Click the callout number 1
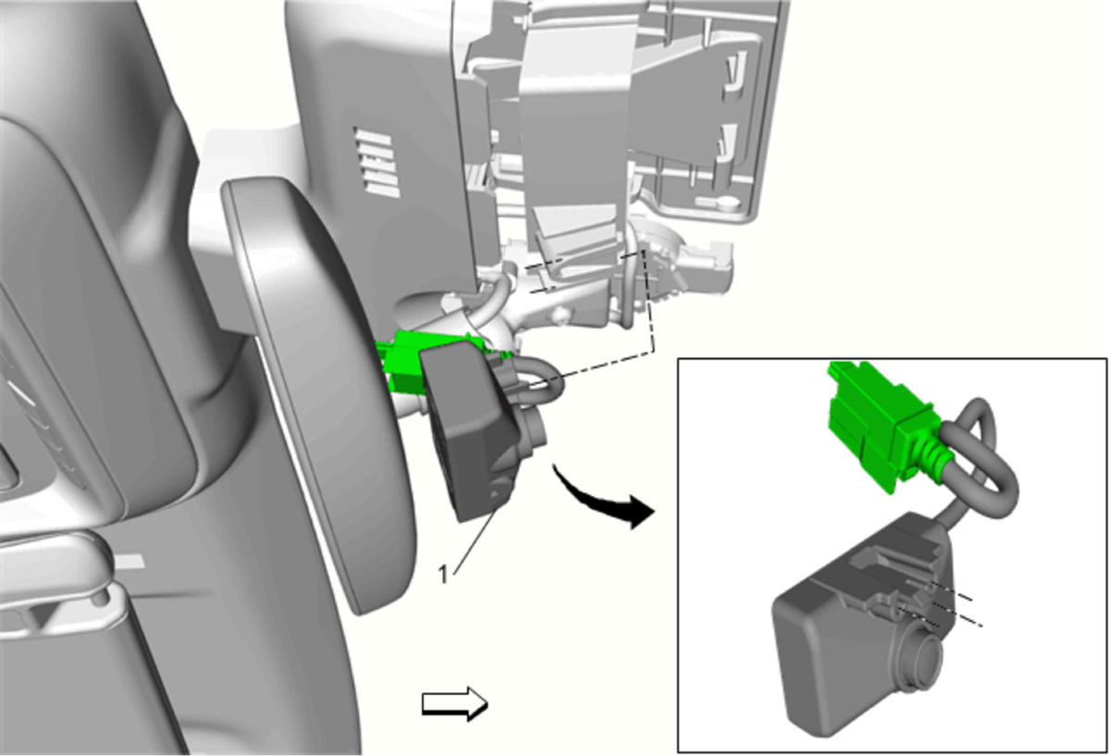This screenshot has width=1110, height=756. click(x=442, y=575)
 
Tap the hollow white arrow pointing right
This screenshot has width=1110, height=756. click(x=454, y=704)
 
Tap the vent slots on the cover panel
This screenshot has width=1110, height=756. click(x=377, y=162)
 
